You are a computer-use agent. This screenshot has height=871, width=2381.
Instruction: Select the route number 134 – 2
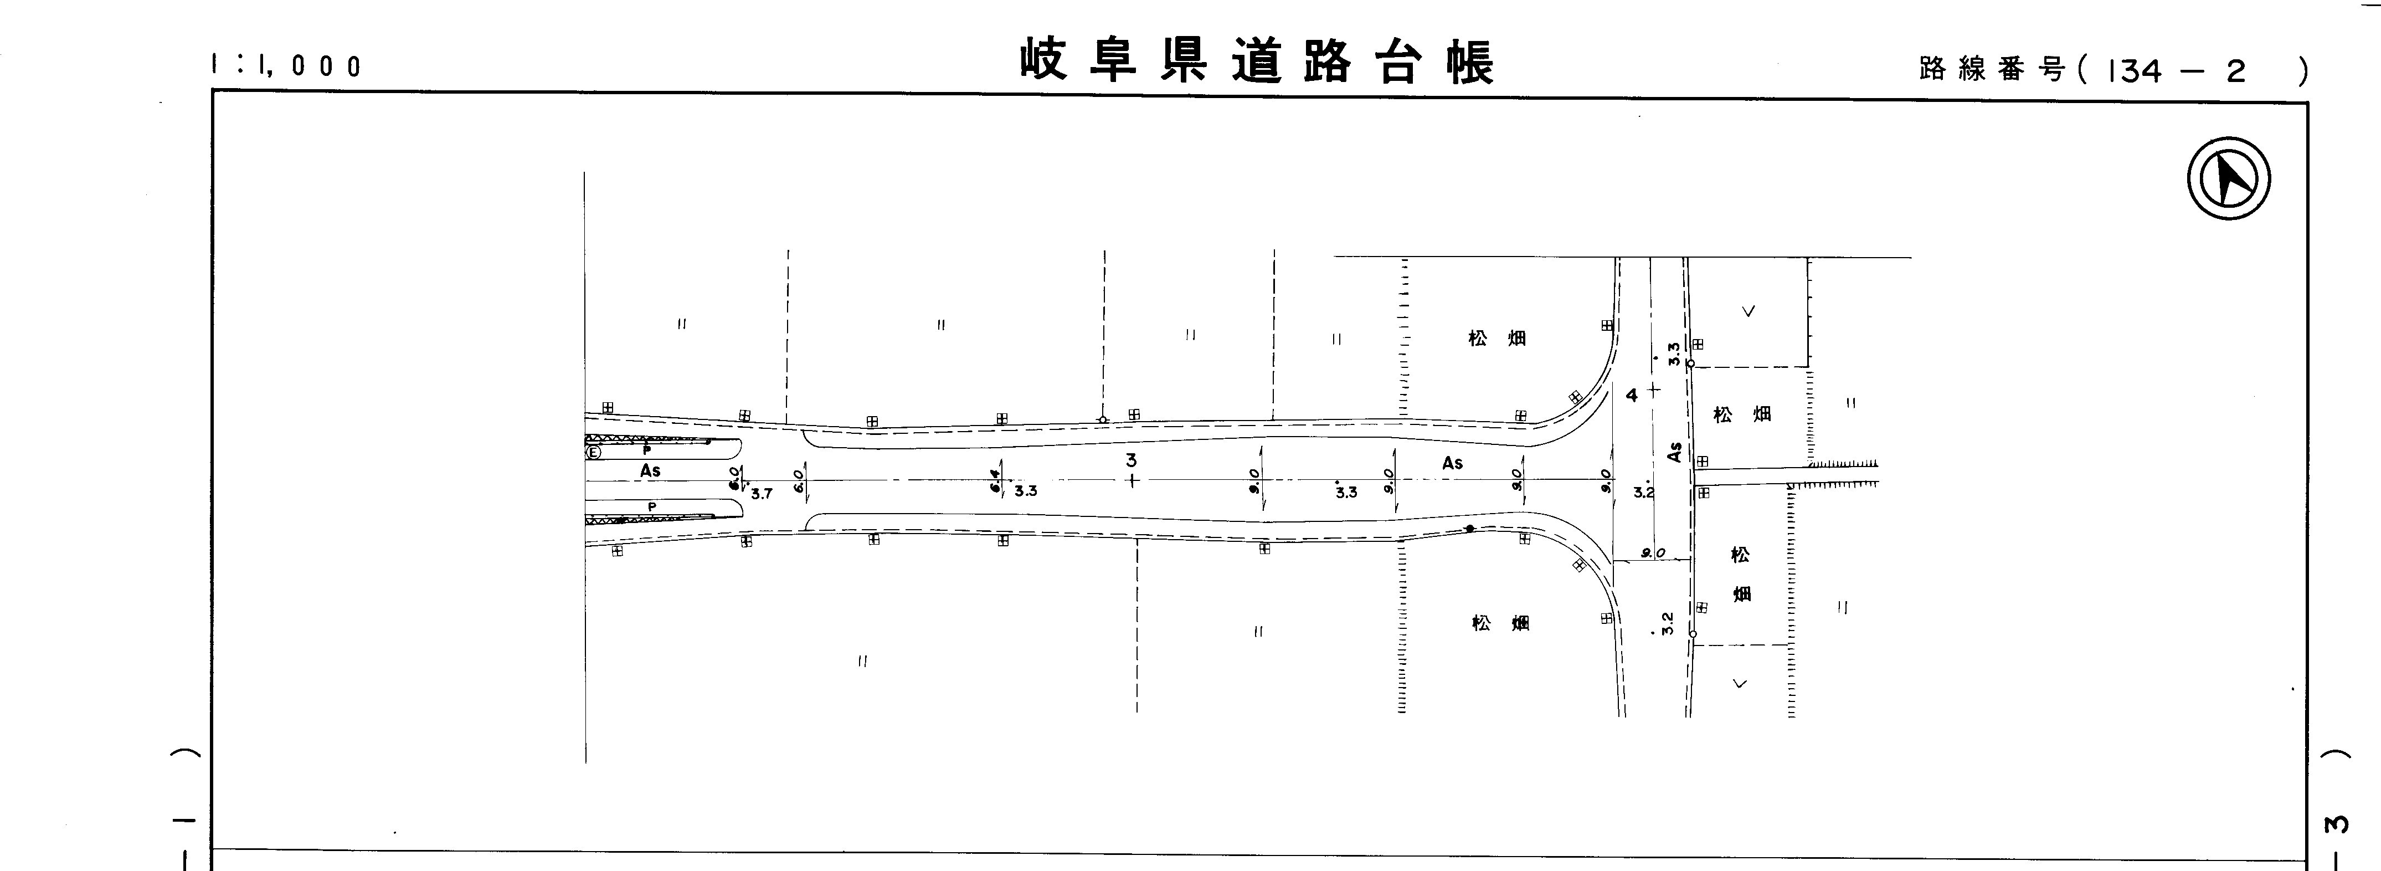pyautogui.click(x=2163, y=71)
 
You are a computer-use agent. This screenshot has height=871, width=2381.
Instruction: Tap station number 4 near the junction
pyautogui.click(x=1632, y=395)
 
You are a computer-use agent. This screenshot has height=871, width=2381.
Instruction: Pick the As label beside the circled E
pyautogui.click(x=651, y=470)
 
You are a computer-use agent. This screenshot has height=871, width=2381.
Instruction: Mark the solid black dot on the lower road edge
pyautogui.click(x=1469, y=528)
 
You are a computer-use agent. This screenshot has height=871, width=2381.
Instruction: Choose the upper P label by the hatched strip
pyautogui.click(x=646, y=449)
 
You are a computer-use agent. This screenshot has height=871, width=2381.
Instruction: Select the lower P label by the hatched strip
pyautogui.click(x=652, y=506)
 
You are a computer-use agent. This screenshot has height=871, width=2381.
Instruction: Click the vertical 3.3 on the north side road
pyautogui.click(x=1673, y=353)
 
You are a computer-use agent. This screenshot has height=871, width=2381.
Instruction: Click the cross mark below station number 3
pyautogui.click(x=1132, y=480)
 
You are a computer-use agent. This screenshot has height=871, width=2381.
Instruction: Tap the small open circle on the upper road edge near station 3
pyautogui.click(x=1103, y=420)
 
